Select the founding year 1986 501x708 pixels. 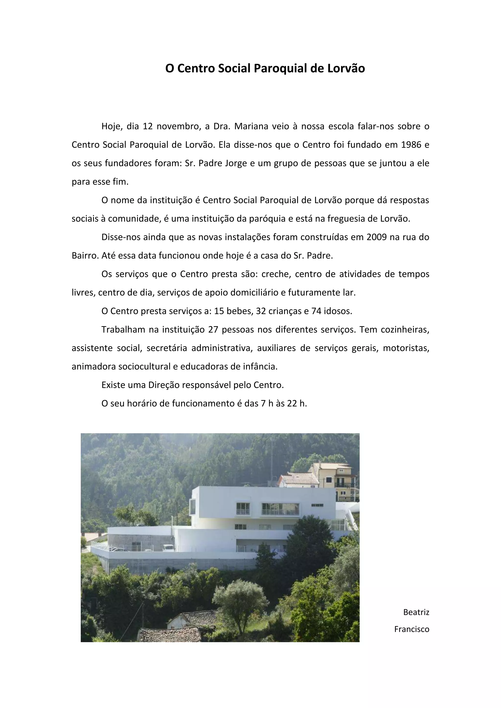[x=411, y=145]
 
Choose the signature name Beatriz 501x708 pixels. [x=416, y=612]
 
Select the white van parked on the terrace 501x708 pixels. [x=169, y=548]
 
